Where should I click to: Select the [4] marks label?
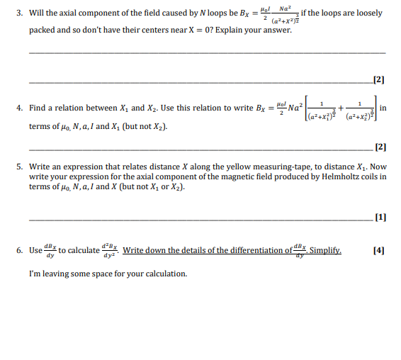pyautogui.click(x=379, y=250)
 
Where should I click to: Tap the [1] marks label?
pyautogui.click(x=379, y=218)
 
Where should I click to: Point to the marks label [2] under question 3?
pyautogui.click(x=378, y=79)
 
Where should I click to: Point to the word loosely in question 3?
pyautogui.click(x=367, y=13)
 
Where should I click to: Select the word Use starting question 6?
pyautogui.click(x=36, y=250)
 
